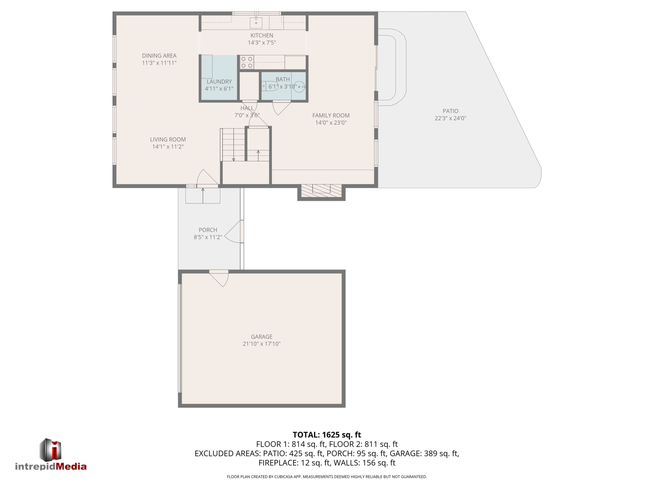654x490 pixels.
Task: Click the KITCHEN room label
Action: [x=262, y=35]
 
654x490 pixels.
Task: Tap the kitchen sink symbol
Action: [x=256, y=22]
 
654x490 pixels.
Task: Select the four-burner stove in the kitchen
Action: [x=247, y=62]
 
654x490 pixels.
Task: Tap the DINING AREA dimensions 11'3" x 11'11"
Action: [x=159, y=63]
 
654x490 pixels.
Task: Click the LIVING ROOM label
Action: [x=168, y=140]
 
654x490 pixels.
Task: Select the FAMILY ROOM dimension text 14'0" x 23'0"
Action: [x=331, y=122]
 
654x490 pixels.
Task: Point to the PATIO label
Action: [x=451, y=111]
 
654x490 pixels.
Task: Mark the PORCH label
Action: [x=208, y=230]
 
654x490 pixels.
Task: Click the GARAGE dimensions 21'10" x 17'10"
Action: [x=262, y=344]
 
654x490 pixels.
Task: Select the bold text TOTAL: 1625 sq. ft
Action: [x=327, y=435]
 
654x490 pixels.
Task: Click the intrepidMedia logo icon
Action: [x=51, y=449]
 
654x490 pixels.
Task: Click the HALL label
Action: [x=247, y=108]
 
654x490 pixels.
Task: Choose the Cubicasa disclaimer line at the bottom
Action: [x=327, y=477]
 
